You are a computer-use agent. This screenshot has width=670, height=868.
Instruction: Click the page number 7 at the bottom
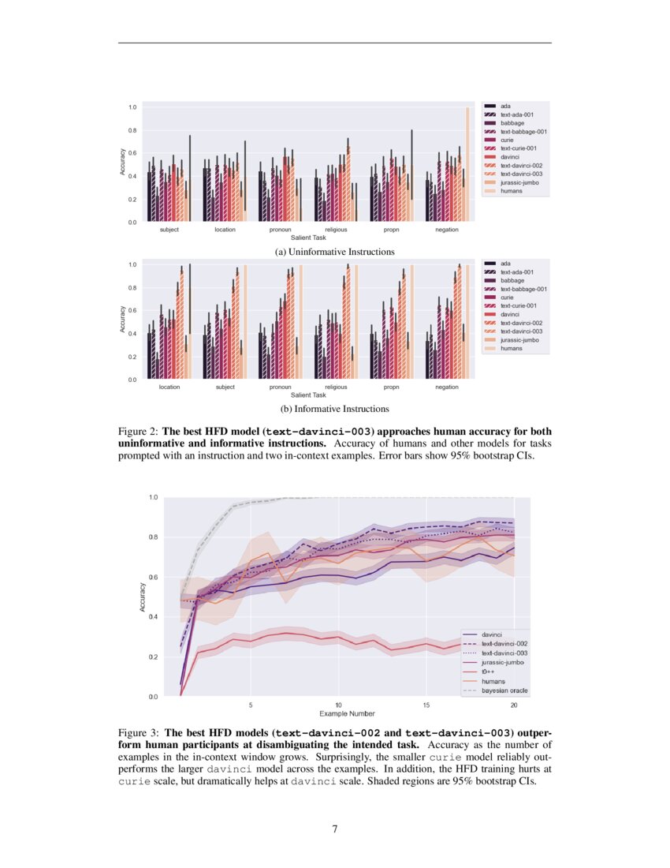(335, 829)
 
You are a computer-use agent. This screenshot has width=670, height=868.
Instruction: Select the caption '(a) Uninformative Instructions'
(334, 252)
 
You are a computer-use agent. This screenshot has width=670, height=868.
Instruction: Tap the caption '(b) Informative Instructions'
(335, 409)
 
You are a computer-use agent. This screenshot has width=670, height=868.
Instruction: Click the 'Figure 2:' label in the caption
(139, 432)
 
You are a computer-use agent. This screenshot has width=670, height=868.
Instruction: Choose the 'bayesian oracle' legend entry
(504, 690)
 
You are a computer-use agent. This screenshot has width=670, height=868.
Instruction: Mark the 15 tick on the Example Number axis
(426, 704)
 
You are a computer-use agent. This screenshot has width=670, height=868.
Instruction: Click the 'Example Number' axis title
(337, 713)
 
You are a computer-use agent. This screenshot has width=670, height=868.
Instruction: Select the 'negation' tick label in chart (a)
(447, 230)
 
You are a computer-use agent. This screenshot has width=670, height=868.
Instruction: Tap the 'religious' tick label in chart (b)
(336, 387)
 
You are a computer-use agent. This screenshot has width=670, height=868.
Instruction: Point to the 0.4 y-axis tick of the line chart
(154, 617)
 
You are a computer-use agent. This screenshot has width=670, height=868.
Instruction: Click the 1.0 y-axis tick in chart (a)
(133, 107)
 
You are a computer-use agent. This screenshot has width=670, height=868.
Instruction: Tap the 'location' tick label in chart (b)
(169, 387)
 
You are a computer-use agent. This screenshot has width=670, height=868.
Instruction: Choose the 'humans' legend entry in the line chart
(493, 681)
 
